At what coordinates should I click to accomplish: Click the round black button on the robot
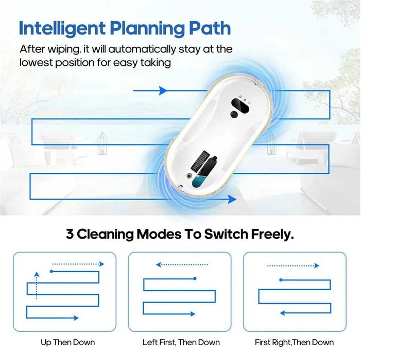click(234, 115)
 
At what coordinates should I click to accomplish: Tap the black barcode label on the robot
click(200, 160)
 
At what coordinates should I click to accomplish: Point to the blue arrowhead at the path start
click(163, 91)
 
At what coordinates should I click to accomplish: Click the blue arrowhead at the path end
click(232, 200)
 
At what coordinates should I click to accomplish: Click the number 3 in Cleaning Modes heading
click(70, 234)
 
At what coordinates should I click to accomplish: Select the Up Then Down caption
click(68, 343)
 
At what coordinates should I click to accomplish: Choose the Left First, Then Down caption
click(181, 343)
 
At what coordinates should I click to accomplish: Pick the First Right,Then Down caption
click(295, 343)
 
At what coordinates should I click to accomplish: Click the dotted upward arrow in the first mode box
click(37, 285)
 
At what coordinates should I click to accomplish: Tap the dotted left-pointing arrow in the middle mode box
click(182, 264)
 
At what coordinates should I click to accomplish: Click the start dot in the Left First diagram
click(195, 279)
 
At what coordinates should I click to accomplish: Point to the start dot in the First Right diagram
click(281, 280)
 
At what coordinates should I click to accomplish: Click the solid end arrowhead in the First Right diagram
click(282, 313)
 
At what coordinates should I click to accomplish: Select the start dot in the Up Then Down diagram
click(51, 272)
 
